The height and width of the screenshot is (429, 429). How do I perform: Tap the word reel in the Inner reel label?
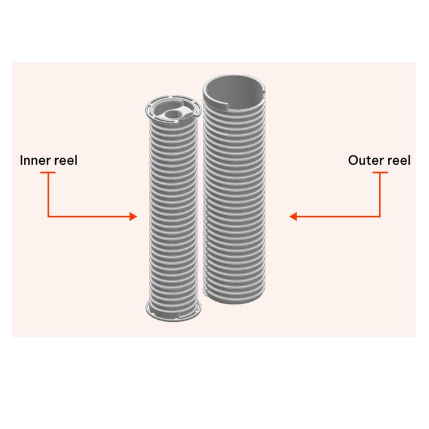[x=66, y=161]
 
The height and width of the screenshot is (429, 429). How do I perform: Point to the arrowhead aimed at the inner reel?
[x=133, y=217]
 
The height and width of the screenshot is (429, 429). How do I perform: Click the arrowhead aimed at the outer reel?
[x=293, y=217]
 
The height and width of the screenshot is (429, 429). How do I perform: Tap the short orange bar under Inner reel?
[x=48, y=173]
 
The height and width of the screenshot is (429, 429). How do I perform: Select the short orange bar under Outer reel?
[x=381, y=173]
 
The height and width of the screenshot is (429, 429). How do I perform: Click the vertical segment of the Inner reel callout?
[x=48, y=195]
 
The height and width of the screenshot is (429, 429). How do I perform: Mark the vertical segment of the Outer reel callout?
[x=380, y=195]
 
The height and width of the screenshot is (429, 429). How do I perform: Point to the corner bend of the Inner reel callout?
[x=48, y=217]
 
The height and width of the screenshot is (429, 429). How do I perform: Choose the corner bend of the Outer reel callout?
[x=380, y=217]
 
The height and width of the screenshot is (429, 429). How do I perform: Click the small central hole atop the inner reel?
[x=172, y=114]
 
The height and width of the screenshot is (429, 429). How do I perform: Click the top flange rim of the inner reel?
[x=173, y=110]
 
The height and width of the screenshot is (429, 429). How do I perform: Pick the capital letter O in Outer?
[x=353, y=161]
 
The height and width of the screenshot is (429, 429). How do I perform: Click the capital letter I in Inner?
[x=21, y=161]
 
